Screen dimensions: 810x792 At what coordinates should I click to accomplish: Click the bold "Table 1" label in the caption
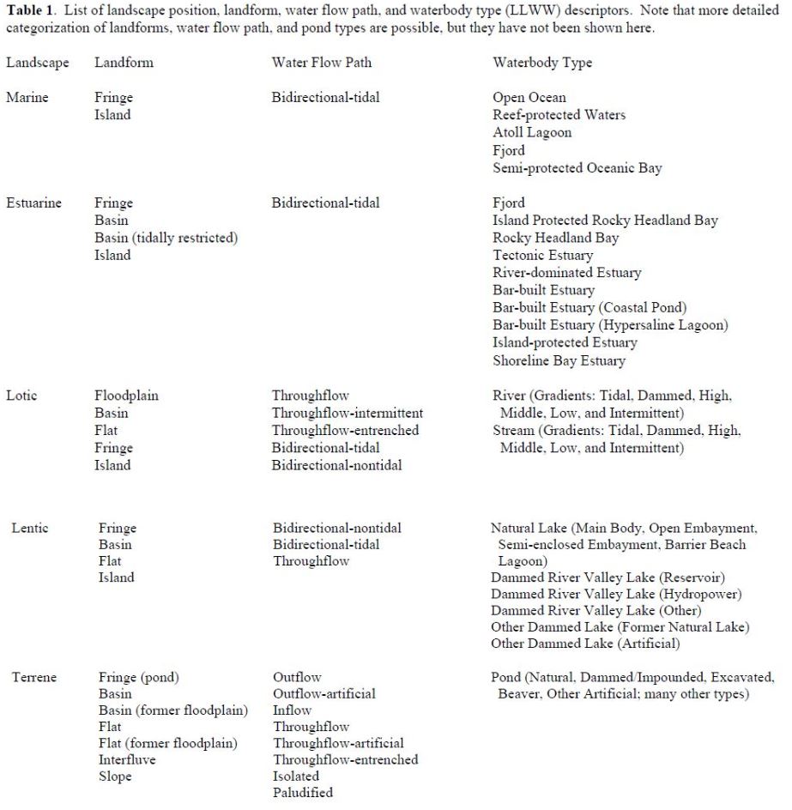click(31, 11)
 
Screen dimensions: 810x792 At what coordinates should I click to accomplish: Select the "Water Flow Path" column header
click(322, 63)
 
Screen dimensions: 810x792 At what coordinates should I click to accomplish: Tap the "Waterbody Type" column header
click(541, 63)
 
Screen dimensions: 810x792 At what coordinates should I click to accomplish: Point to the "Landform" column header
click(124, 63)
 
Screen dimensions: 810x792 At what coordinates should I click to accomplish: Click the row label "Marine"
click(27, 98)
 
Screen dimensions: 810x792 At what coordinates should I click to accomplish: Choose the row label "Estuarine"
click(33, 203)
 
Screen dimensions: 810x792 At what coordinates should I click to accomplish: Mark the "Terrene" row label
click(34, 677)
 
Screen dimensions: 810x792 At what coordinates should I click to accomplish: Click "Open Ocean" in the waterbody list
click(529, 98)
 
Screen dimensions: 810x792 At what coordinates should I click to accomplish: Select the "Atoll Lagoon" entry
click(532, 133)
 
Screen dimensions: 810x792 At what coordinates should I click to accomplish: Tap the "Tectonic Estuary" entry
click(542, 256)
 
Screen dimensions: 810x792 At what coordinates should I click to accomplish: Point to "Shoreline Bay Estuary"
click(559, 360)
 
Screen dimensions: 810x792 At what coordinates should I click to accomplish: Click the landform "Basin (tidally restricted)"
click(166, 238)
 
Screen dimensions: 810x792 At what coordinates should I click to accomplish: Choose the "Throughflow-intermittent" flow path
click(348, 413)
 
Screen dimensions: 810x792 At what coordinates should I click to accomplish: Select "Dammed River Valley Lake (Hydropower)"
click(616, 594)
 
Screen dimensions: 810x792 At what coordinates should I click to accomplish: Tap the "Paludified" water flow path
click(302, 792)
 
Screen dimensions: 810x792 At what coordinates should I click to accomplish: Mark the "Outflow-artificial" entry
click(324, 693)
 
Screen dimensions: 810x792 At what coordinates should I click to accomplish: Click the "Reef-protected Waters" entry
click(559, 115)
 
